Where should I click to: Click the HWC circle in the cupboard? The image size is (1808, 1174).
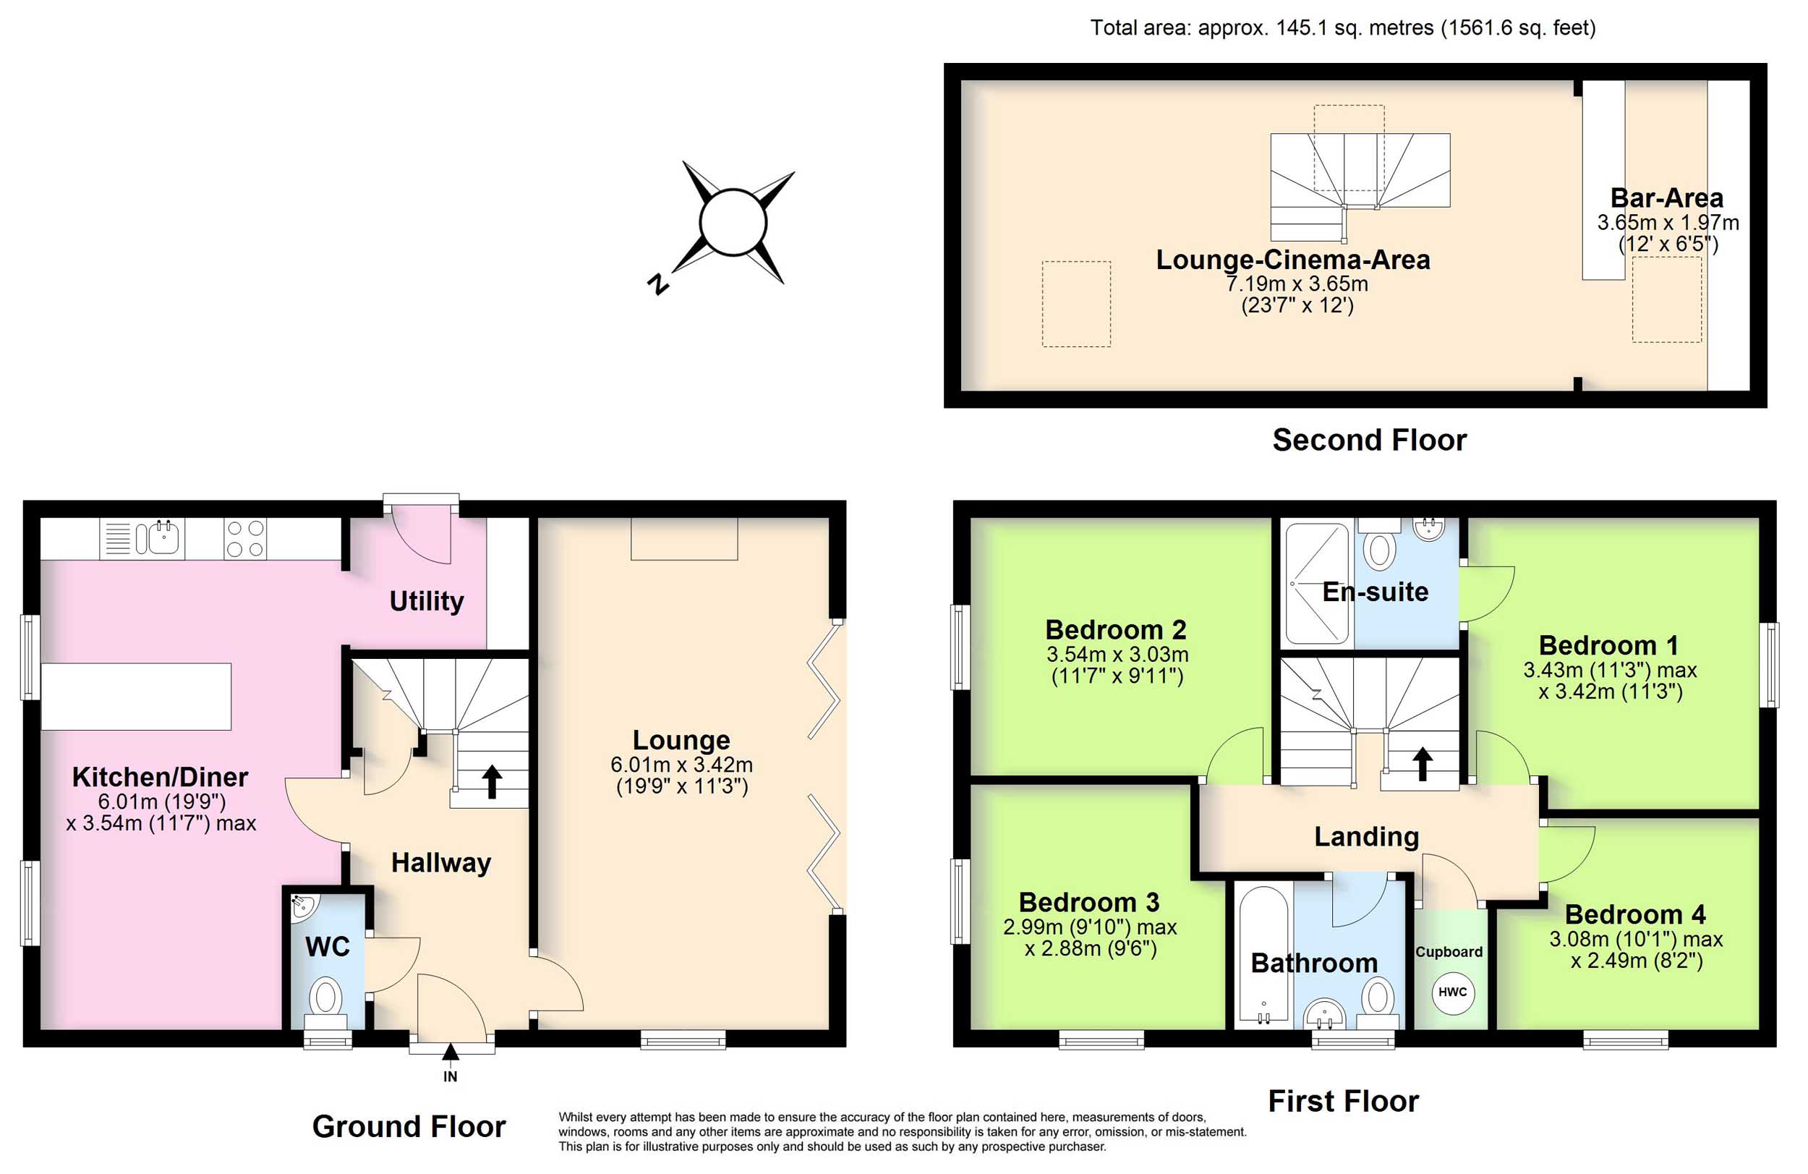[1451, 992]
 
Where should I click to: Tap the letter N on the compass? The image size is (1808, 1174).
[658, 284]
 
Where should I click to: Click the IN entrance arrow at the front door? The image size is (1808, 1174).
[451, 1052]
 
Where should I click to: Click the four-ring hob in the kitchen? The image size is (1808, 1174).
[245, 538]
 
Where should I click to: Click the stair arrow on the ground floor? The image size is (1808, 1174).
[492, 781]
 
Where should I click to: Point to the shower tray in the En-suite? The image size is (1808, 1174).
[1317, 584]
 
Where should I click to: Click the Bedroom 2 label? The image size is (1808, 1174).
[1115, 630]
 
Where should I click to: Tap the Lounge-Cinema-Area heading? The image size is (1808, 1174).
[1293, 260]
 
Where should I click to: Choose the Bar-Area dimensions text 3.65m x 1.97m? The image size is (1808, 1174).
[1668, 223]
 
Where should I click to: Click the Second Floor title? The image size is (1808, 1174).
[1370, 440]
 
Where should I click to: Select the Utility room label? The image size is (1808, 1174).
[426, 601]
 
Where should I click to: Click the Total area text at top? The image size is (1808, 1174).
[1343, 28]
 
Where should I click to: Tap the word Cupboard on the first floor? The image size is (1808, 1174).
[1449, 952]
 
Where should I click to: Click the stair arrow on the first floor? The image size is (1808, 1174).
[1422, 765]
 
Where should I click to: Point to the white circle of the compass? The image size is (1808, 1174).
[733, 223]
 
